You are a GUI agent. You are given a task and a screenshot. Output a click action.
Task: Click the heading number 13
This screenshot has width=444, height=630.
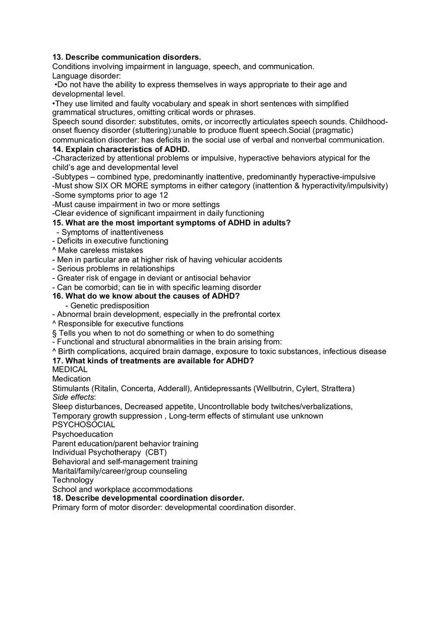57,57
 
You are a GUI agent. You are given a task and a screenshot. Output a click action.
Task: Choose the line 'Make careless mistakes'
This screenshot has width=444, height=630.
100,250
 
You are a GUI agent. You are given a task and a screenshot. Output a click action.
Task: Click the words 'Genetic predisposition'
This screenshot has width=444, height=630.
110,306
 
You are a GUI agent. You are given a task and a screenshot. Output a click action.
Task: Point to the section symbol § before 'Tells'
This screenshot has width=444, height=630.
54,333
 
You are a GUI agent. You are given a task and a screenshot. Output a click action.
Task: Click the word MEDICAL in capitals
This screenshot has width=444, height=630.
70,369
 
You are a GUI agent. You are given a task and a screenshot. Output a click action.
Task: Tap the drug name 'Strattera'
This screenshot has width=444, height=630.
337,389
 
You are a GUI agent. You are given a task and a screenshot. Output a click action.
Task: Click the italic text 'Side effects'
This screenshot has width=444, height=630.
73,397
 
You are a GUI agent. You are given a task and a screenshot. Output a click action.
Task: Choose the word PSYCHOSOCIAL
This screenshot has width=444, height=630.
84,424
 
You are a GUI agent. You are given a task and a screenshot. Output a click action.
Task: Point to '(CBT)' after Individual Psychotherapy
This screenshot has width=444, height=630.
156,452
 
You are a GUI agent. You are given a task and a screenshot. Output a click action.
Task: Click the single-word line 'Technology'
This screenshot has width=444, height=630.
73,480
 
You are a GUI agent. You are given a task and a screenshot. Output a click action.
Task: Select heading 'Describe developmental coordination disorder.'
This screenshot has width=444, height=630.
155,498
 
